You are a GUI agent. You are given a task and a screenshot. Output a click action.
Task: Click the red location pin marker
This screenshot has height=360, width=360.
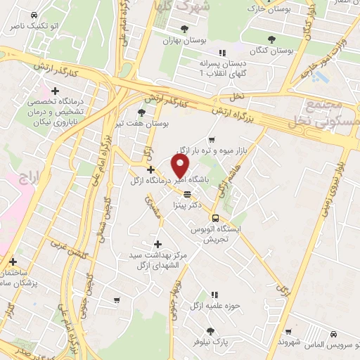pos(181,166)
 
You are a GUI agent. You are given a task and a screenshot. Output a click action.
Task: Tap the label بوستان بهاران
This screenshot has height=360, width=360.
pos(184,40)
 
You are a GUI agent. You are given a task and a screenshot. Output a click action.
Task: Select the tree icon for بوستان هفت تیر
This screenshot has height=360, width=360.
pos(141,112)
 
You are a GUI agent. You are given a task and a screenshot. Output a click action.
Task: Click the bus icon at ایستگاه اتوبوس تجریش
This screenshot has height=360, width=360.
pos(215,218)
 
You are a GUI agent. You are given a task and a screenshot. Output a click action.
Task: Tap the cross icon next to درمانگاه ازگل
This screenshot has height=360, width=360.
pos(150,169)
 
